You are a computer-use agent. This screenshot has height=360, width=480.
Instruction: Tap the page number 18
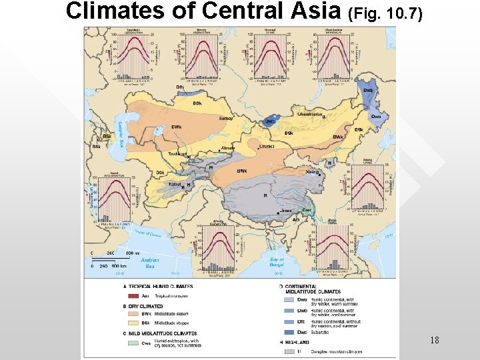pos(434,341)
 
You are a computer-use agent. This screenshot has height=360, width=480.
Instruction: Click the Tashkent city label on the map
pos(177,154)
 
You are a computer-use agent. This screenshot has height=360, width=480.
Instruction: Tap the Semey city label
pos(226,119)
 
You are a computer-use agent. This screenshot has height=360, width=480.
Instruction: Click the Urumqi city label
pos(267,145)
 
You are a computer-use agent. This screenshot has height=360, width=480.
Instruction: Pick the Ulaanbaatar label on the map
pos(310,113)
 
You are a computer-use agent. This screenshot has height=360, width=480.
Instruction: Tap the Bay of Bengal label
pos(277,263)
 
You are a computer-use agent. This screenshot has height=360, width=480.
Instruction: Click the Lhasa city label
pos(286,211)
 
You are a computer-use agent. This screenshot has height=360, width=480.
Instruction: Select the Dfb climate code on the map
pos(180,87)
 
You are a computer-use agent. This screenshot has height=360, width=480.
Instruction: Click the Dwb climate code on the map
pos(368,91)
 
